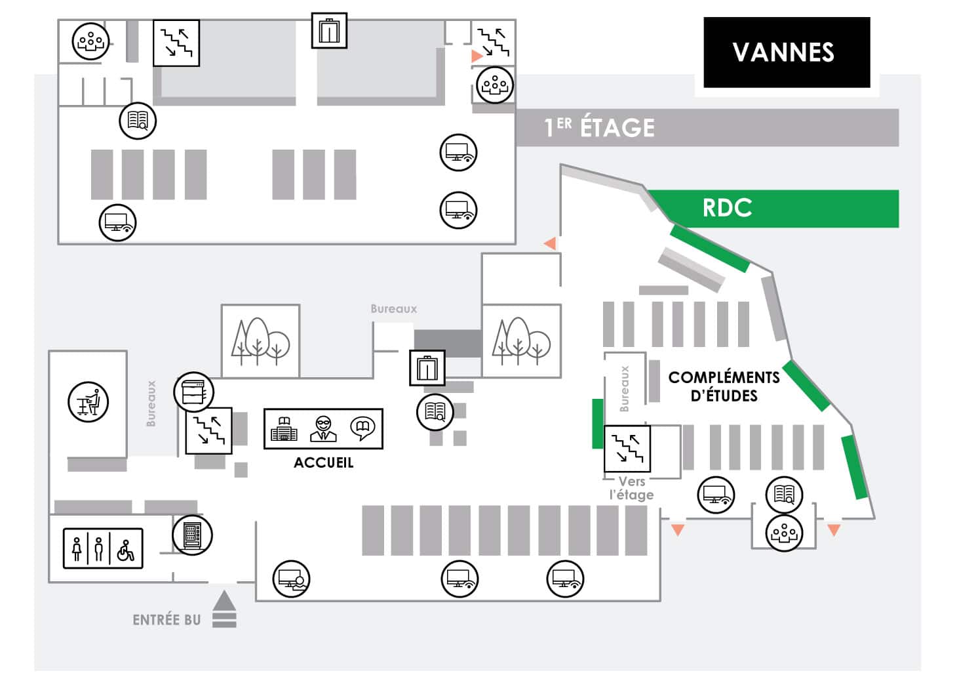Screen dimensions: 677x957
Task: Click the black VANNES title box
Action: [786, 52]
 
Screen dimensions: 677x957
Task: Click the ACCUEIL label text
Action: [323, 462]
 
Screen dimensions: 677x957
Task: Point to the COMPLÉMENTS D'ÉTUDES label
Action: [724, 386]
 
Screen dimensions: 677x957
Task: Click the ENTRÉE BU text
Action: [166, 620]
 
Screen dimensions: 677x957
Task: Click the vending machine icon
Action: [192, 535]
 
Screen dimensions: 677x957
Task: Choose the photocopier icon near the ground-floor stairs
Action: [193, 392]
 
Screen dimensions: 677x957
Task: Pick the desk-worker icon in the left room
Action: [88, 401]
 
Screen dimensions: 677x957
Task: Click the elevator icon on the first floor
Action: [328, 30]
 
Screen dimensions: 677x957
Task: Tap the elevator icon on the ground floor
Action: [427, 367]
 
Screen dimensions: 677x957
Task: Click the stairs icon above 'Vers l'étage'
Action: [627, 449]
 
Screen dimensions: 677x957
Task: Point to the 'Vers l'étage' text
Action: [631, 488]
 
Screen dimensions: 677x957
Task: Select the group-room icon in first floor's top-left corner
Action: [90, 41]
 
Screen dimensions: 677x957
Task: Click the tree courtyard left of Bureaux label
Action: [260, 341]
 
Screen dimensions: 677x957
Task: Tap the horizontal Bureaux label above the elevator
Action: [393, 308]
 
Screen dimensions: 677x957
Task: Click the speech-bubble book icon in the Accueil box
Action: [362, 428]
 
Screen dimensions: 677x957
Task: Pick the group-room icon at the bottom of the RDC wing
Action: [784, 532]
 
